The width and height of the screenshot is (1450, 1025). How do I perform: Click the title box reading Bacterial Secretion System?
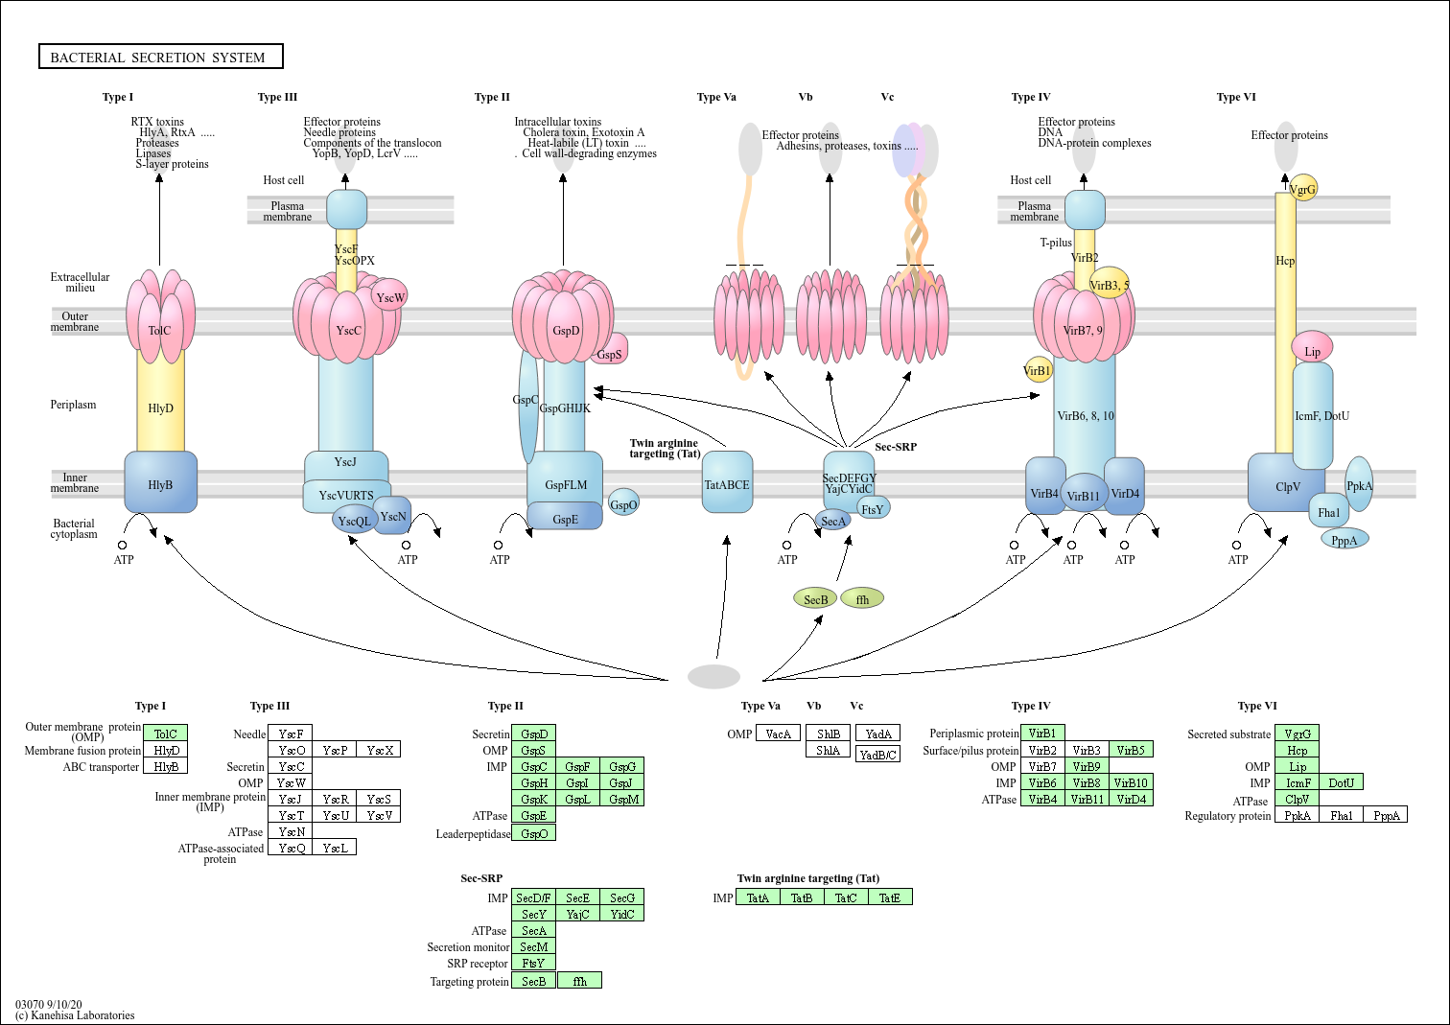[x=160, y=58]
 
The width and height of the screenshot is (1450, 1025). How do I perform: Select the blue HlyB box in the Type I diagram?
[x=161, y=483]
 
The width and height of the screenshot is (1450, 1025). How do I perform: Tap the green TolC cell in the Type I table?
[x=165, y=734]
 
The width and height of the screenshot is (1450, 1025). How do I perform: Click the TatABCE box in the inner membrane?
[x=727, y=483]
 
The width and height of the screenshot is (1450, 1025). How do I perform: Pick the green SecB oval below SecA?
[x=815, y=599]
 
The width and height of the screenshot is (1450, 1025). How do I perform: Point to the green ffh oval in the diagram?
[x=862, y=599]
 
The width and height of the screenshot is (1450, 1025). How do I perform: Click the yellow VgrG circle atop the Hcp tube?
[x=1303, y=188]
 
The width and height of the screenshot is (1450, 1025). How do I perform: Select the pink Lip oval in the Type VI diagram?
[x=1312, y=350]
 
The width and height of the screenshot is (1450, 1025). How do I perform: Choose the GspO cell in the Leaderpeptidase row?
[x=533, y=833]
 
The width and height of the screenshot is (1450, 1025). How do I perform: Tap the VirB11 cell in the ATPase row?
[x=1087, y=799]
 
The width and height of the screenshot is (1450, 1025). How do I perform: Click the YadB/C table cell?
[x=877, y=755]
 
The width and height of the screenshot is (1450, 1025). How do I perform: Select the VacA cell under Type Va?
[x=778, y=734]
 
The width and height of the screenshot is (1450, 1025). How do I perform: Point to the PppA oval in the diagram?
[x=1345, y=540]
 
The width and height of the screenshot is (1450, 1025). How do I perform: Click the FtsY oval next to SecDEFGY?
[x=873, y=508]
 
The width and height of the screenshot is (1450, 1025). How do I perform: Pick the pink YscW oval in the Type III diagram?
[x=389, y=296]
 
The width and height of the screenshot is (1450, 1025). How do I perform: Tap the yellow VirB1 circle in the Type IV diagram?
[x=1038, y=370]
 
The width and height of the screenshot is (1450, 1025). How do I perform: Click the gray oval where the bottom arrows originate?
[x=713, y=676]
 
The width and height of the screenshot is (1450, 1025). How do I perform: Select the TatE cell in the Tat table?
[x=890, y=897]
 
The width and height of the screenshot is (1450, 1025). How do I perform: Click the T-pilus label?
[x=1056, y=243]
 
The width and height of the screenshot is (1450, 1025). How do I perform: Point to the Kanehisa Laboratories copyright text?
[x=75, y=1015]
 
